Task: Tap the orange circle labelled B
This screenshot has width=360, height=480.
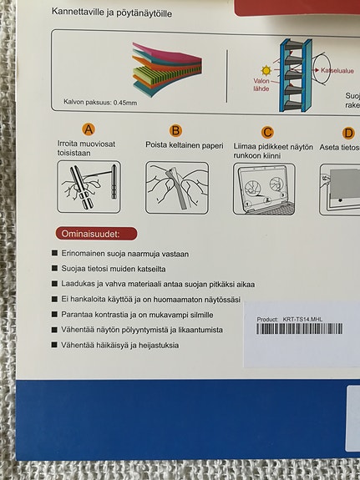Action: point(175,130)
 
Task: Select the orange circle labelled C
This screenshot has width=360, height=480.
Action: point(267,131)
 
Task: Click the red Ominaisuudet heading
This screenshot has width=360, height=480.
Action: point(94,233)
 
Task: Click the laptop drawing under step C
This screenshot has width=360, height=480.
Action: point(266,189)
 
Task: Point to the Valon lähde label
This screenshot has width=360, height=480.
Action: point(261,86)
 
